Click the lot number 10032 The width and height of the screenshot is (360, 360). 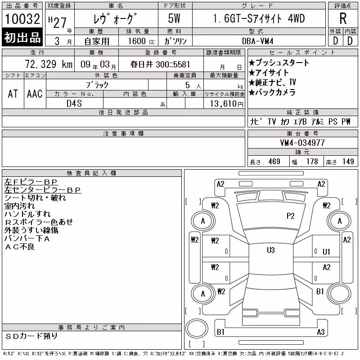22,19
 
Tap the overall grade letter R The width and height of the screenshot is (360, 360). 343,18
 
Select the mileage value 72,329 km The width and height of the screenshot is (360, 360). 49,64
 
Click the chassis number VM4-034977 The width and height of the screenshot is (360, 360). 302,143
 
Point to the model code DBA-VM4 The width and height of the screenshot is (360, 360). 257,41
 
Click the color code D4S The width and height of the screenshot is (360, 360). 74,103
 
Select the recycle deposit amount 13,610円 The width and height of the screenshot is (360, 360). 227,104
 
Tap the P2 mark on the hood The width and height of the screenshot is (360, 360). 290,216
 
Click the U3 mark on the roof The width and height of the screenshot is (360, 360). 271,250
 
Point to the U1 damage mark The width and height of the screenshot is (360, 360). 326,252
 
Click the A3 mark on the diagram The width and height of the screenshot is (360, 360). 321,332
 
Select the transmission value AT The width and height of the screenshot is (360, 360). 13,94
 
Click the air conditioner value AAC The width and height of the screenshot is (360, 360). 35,94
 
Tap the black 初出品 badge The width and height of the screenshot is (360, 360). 22,37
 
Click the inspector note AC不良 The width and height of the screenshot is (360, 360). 20,247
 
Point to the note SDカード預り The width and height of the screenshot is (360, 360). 31,336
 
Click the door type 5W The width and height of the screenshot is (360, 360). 174,18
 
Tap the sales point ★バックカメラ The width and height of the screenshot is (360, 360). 272,92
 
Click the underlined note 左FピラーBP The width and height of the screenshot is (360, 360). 31,182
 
